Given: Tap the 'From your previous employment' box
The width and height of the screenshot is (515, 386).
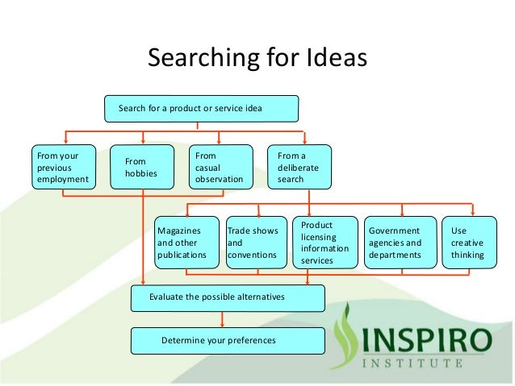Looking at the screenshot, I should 61,165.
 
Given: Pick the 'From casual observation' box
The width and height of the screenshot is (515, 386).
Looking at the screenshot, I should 219,165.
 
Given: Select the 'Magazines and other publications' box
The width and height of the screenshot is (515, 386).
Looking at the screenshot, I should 186,243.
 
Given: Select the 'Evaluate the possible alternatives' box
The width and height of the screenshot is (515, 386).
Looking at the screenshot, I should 228,297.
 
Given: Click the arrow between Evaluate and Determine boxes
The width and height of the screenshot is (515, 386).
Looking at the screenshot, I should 220,319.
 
